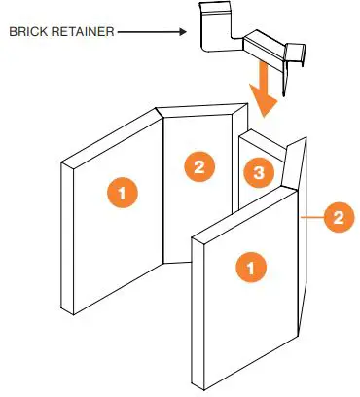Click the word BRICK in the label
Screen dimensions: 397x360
(27, 32)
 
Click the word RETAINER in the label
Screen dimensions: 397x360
(81, 32)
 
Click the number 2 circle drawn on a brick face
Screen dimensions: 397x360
(198, 166)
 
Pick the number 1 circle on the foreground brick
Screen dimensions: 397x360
(251, 266)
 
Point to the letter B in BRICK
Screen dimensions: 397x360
(12, 32)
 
